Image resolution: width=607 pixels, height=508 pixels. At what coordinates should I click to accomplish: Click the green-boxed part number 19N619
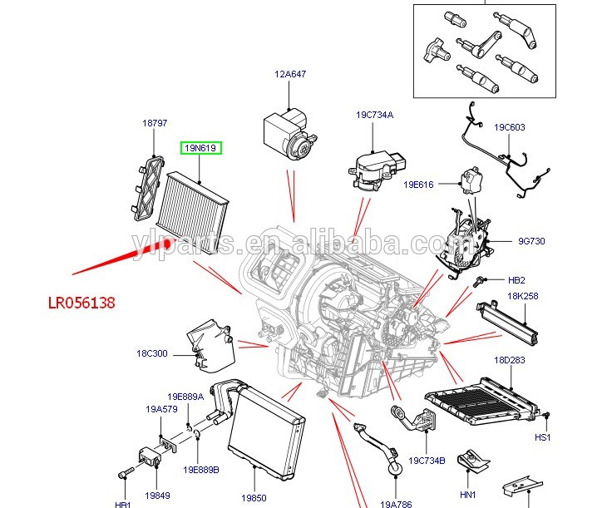coord(200,148)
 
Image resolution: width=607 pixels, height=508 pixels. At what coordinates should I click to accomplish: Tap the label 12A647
coord(290,74)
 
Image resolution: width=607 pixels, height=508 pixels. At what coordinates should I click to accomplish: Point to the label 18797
coord(155,123)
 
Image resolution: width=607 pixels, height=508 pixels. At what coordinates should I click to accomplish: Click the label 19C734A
coord(376,115)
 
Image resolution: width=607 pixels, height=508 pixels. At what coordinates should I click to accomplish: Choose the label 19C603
coord(509,127)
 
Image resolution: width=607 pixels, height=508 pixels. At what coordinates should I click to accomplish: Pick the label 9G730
coord(531,242)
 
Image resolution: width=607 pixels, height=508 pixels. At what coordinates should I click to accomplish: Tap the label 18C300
coord(152,353)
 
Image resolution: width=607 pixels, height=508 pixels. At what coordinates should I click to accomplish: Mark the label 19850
coord(254,497)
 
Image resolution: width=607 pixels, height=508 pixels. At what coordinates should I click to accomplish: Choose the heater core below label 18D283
coord(481,398)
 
